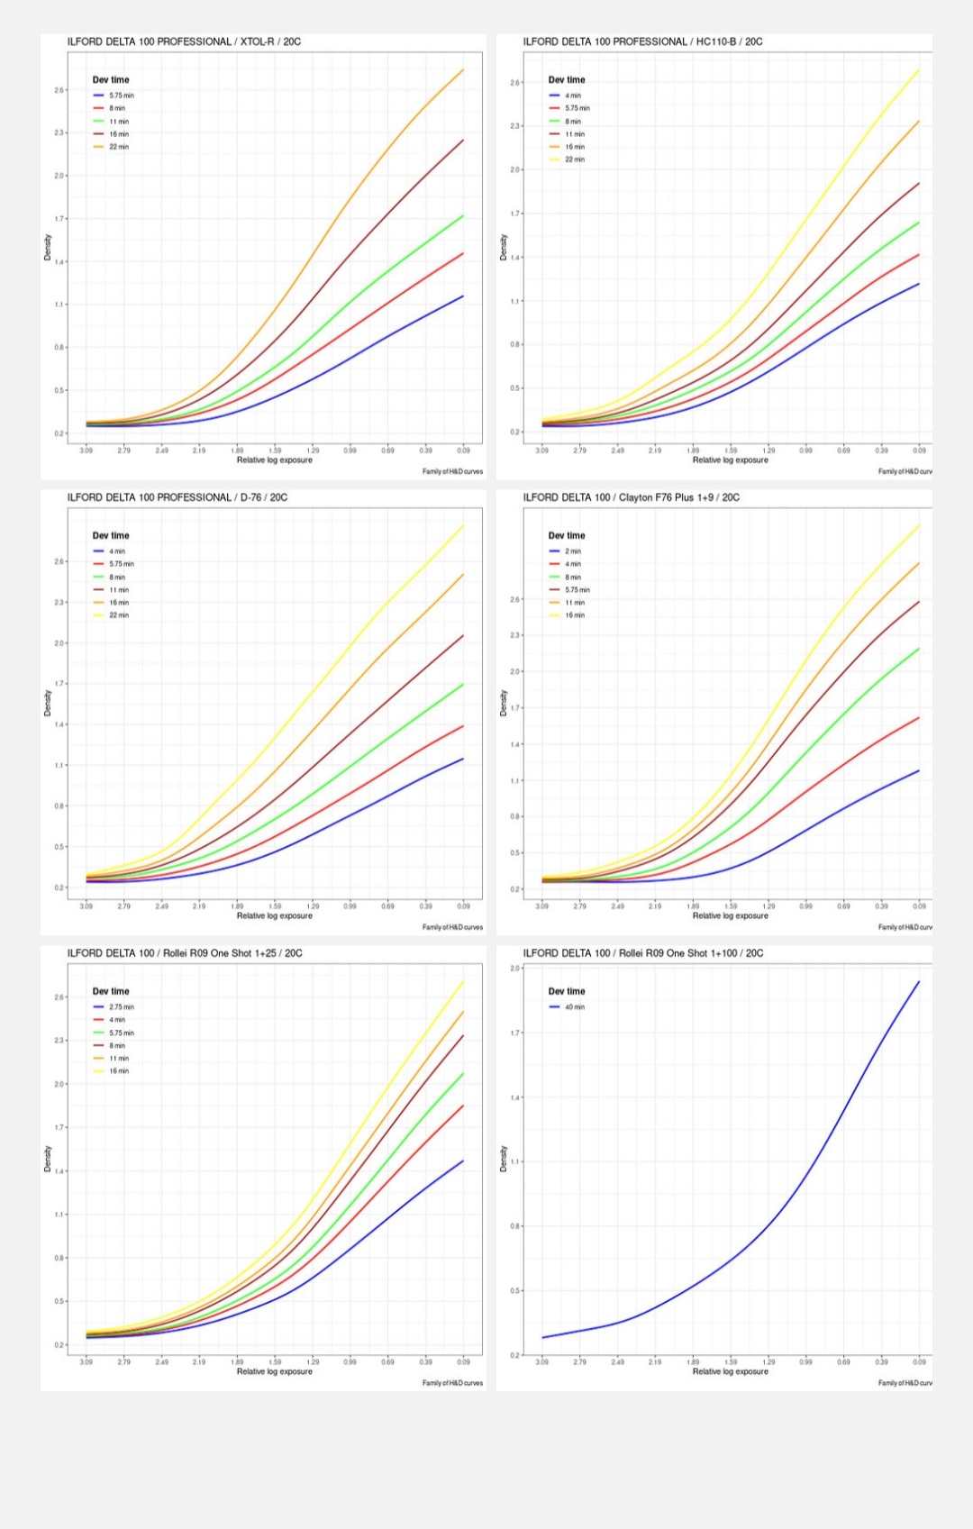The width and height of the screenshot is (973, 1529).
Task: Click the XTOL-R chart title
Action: point(184,41)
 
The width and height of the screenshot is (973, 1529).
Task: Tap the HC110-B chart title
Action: point(642,41)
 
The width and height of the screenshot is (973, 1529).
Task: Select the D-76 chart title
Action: point(177,497)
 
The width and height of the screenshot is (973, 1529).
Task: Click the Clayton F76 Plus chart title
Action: point(631,497)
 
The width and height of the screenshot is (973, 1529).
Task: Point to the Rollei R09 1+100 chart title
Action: point(642,953)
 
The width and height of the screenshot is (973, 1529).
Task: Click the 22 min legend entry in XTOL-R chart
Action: point(118,147)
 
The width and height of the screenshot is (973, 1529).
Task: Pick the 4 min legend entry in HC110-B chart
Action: point(572,96)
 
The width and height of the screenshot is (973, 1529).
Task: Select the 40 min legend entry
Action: point(574,1007)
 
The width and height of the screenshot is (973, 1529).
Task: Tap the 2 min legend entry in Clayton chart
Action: point(572,551)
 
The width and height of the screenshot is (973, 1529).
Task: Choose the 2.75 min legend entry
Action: point(121,1007)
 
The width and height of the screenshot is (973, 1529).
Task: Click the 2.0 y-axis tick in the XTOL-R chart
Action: point(59,176)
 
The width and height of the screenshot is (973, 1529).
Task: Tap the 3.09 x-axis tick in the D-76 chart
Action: point(86,906)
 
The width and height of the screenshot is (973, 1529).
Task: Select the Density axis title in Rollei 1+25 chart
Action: point(48,1159)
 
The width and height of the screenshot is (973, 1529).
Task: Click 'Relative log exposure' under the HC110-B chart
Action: point(730,460)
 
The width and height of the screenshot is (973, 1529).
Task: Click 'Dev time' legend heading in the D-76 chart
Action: point(111,535)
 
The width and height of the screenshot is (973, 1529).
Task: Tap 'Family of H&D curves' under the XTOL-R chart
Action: point(452,471)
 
